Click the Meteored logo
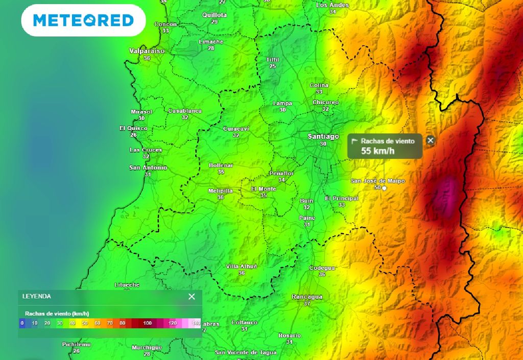click(x=83, y=20)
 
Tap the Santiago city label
click(x=323, y=136)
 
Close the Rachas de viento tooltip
click(x=431, y=140)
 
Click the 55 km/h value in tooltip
click(x=378, y=151)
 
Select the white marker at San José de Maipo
click(x=385, y=188)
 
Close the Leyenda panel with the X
click(x=192, y=297)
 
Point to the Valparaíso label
click(x=147, y=51)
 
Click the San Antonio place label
click(x=148, y=167)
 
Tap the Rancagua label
click(x=307, y=297)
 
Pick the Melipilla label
click(x=221, y=191)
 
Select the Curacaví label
click(x=236, y=129)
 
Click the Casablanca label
click(x=185, y=111)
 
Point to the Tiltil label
click(x=273, y=60)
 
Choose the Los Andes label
click(x=332, y=5)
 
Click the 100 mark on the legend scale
click(x=148, y=323)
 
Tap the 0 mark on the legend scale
click(x=22, y=323)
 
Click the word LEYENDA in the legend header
click(x=37, y=296)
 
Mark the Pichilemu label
click(x=76, y=345)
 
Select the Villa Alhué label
click(x=242, y=267)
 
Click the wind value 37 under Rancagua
click(x=307, y=303)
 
